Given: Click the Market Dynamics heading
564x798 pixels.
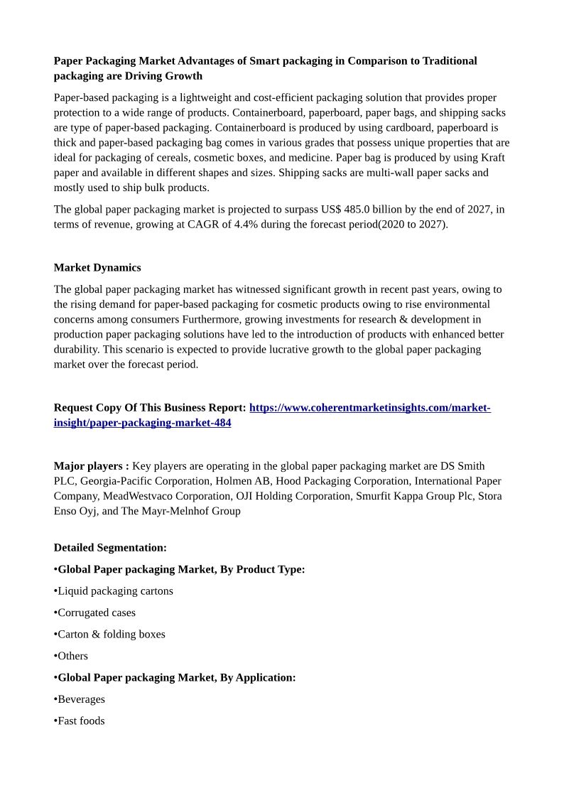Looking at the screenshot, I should [97, 267].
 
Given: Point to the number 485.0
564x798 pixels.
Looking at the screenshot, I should [357, 209].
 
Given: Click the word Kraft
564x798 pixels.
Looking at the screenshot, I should [493, 157].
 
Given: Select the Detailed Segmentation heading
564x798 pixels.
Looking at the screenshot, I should [110, 547].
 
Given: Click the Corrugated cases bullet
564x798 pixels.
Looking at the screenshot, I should [97, 613].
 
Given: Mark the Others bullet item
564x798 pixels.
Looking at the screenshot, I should [72, 656].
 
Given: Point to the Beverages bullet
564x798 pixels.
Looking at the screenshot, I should [81, 699].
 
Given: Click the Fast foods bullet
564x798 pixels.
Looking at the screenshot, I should [81, 721].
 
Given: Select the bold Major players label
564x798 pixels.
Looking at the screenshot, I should [91, 465].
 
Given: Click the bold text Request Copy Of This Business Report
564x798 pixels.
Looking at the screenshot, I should [149, 407].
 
